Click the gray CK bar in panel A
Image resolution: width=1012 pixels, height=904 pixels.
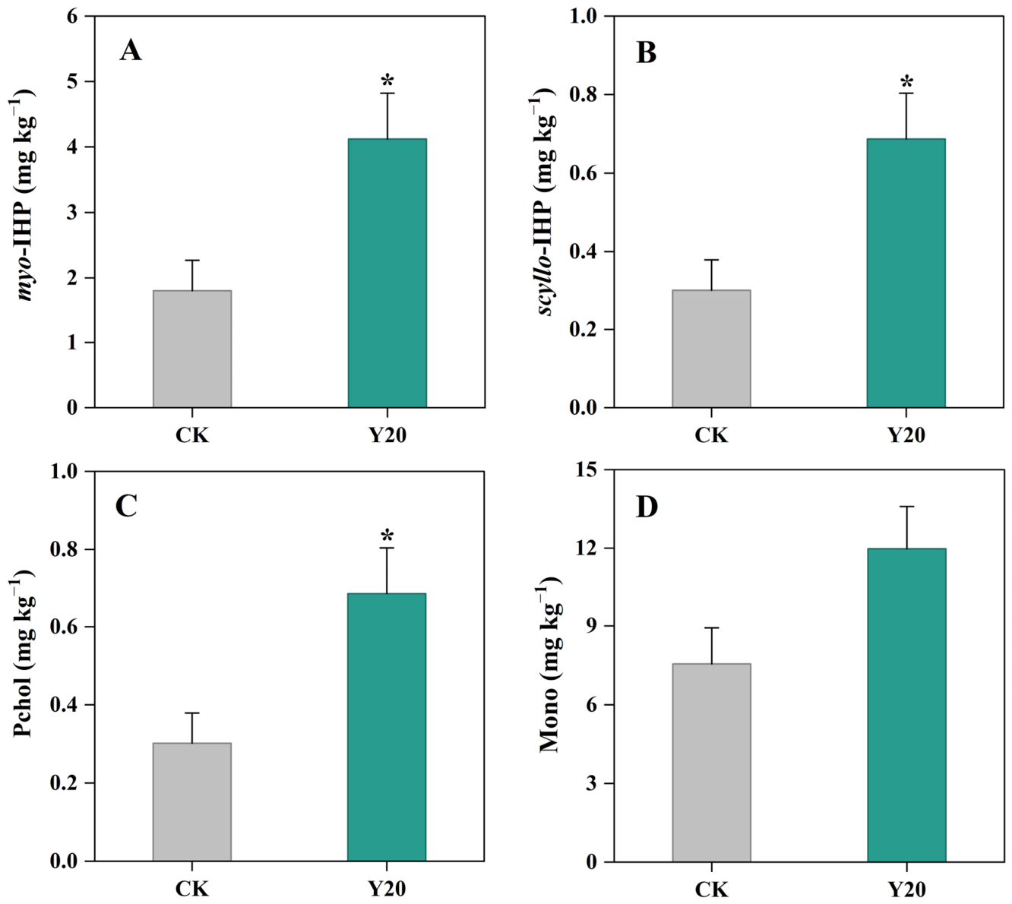pos(192,349)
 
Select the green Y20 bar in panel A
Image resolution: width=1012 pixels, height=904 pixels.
pos(387,273)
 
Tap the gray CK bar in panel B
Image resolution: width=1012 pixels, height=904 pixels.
pos(711,349)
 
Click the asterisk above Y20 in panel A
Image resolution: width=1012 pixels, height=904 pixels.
pos(387,81)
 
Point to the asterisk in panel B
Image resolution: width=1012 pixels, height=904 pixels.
pos(906,81)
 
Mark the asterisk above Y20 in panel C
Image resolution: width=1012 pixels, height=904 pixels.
pos(387,536)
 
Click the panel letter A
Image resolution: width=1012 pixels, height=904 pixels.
pos(131,51)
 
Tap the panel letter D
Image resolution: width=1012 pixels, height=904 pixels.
pos(647,507)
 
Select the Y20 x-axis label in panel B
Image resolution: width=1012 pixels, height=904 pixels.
pos(906,435)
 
